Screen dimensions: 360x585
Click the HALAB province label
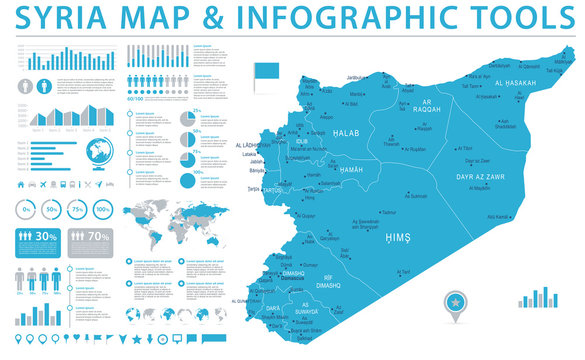(345, 133)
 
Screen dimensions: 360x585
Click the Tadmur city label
(390, 212)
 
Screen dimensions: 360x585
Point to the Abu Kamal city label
(498, 217)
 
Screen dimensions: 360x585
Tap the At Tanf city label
(402, 272)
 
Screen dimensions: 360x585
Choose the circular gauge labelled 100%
(102, 210)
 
